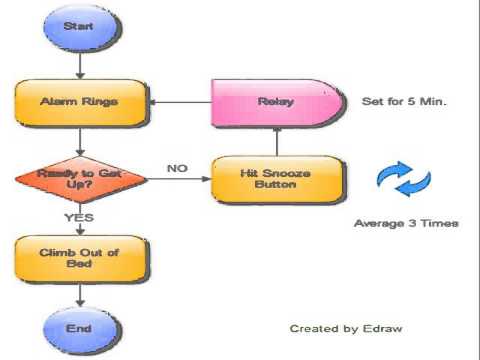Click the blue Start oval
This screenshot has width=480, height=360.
[x=82, y=27]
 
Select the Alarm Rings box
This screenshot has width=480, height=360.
[x=81, y=102]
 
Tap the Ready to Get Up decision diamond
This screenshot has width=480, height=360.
[x=81, y=179]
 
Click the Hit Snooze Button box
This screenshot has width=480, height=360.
[x=277, y=179]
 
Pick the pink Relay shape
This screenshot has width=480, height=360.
[x=277, y=102]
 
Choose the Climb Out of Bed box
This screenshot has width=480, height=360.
[x=81, y=259]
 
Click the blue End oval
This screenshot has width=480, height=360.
[x=81, y=329]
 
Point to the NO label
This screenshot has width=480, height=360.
[x=177, y=168]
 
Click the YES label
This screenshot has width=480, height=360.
[x=79, y=218]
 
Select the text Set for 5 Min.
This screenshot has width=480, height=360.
[x=404, y=101]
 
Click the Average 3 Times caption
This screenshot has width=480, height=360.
[x=406, y=223]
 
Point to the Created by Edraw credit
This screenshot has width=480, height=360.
[x=346, y=329]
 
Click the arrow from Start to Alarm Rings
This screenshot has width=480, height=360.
[x=80, y=66]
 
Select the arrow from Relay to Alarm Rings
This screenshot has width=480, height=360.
[x=180, y=102]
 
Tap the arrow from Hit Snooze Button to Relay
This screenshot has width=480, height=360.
[x=277, y=142]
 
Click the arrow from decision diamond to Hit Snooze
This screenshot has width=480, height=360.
[x=179, y=179]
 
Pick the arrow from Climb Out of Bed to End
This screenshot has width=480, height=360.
[x=80, y=294]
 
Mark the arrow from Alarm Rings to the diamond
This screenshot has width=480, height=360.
[x=80, y=141]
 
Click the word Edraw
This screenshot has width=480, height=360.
[x=383, y=329]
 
